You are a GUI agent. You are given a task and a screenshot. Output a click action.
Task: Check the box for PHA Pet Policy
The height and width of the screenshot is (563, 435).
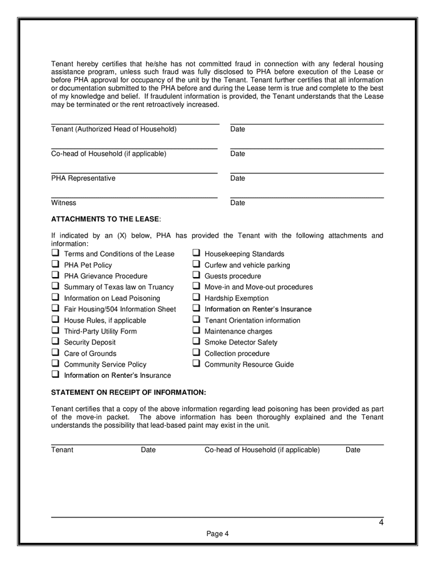click(55, 265)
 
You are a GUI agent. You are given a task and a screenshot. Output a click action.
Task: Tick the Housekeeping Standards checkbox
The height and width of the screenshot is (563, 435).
click(196, 253)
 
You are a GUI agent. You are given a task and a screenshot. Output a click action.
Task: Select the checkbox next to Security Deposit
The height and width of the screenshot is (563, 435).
click(55, 342)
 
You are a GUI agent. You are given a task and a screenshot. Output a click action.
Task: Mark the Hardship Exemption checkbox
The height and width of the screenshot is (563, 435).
click(196, 298)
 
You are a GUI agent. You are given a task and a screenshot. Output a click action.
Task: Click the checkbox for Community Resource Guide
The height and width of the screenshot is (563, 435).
click(196, 363)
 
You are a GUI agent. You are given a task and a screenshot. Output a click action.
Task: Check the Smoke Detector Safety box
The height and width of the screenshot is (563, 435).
click(196, 342)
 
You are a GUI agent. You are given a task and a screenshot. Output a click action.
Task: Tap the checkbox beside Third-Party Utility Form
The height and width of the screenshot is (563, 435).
click(55, 330)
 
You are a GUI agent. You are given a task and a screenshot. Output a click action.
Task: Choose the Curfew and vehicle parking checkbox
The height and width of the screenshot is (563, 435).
click(196, 265)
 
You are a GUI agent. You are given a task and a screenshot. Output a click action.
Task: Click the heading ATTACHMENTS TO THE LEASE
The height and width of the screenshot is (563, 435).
click(105, 219)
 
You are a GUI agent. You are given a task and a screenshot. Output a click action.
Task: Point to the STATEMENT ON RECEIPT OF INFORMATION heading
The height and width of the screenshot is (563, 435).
click(128, 392)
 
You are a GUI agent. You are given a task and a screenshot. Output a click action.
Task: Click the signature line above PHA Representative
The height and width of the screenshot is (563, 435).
click(134, 172)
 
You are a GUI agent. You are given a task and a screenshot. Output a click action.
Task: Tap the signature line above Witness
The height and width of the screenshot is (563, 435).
click(134, 197)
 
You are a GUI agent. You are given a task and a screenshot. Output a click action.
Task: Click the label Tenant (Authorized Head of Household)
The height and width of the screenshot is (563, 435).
click(114, 129)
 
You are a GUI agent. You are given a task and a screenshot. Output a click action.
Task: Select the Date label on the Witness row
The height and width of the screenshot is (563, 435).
click(238, 203)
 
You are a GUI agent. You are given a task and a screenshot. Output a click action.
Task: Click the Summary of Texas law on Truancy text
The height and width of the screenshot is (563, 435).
click(119, 287)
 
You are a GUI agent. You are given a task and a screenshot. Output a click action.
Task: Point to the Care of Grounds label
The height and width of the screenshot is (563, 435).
click(90, 353)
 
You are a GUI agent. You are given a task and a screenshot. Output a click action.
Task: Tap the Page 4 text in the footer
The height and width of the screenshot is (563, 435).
click(218, 534)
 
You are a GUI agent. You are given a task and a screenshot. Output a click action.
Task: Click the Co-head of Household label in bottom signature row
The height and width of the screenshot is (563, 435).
click(262, 450)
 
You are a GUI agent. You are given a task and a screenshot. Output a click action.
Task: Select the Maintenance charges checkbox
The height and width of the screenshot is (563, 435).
click(196, 330)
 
